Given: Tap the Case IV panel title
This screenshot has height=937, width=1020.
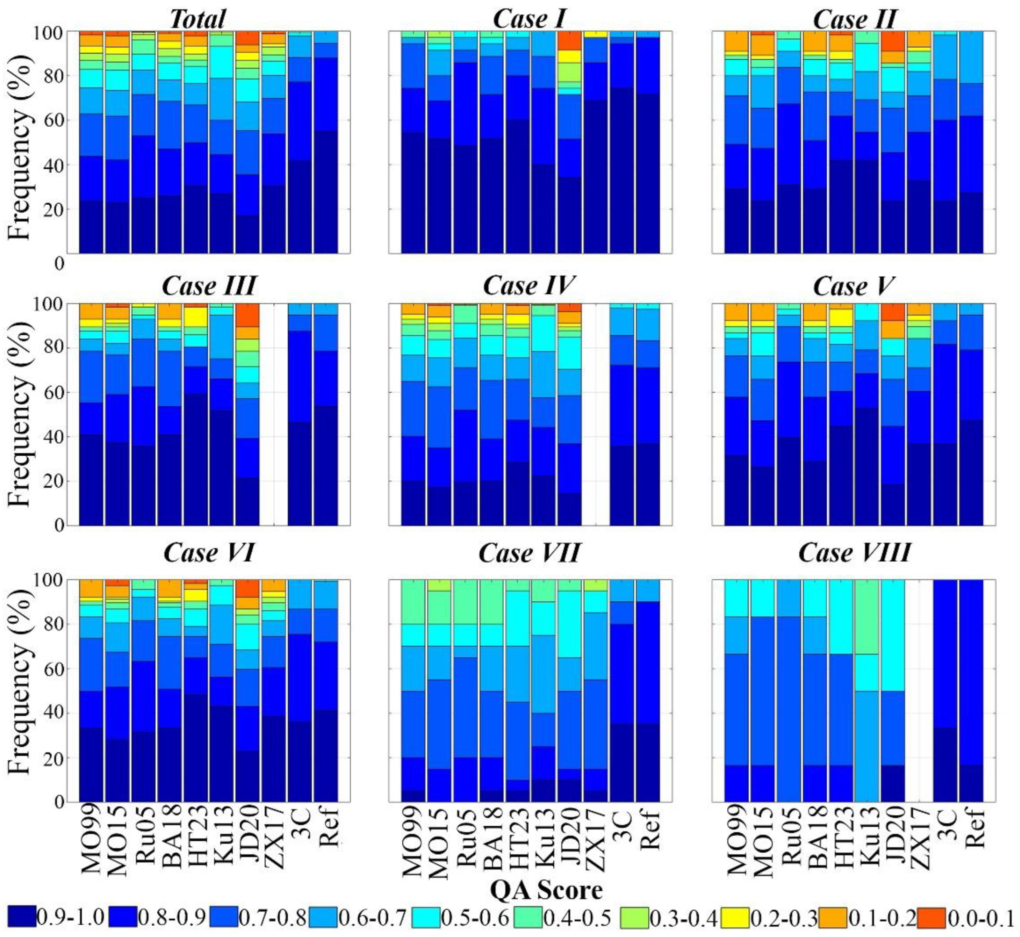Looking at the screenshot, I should click(529, 287).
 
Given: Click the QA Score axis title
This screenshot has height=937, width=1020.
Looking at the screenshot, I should click(547, 890).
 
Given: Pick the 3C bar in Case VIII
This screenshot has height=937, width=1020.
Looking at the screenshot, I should click(946, 689).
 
